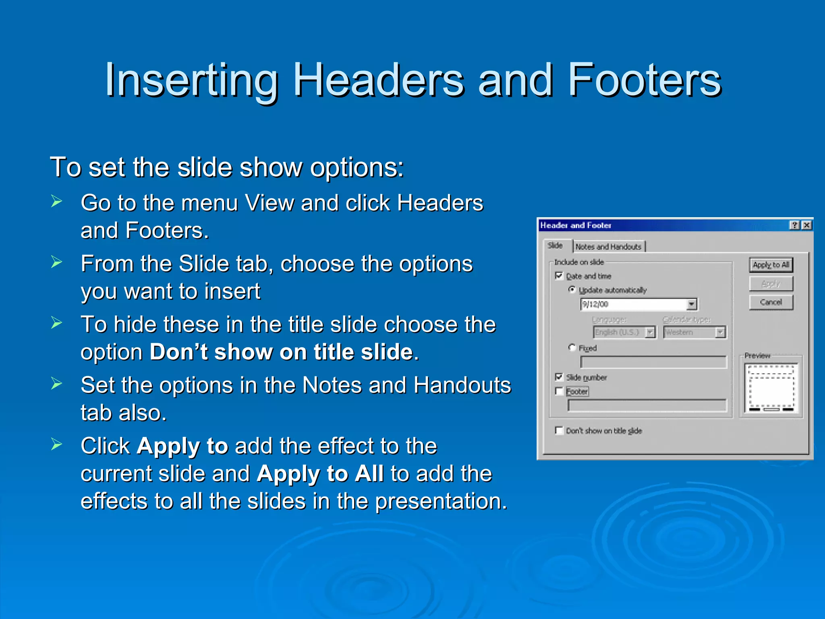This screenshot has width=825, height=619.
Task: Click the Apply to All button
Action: click(x=771, y=265)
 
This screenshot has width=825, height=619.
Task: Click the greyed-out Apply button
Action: click(x=771, y=284)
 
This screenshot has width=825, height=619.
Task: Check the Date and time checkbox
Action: click(x=559, y=276)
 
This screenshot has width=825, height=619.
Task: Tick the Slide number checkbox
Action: click(x=559, y=377)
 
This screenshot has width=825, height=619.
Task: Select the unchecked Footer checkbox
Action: click(x=559, y=391)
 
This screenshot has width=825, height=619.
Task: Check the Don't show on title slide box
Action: click(x=559, y=430)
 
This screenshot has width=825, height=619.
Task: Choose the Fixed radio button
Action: click(x=572, y=347)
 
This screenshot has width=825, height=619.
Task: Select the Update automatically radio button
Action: click(x=572, y=289)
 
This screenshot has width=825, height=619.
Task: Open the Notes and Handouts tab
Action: click(x=608, y=247)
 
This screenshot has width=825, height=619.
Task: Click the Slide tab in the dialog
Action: click(x=555, y=245)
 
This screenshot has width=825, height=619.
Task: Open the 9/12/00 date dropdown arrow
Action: click(x=692, y=304)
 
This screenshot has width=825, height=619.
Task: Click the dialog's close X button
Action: click(x=806, y=225)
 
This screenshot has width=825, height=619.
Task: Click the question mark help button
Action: click(x=794, y=225)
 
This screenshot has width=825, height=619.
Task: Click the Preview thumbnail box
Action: click(x=771, y=388)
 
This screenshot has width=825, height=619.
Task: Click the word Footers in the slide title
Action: click(x=645, y=81)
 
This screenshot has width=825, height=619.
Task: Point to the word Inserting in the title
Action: click(x=191, y=81)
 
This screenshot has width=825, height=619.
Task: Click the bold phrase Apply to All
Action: click(x=320, y=474)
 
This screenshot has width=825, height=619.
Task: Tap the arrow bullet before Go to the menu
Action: click(x=56, y=201)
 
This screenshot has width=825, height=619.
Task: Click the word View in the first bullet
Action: click(x=269, y=203)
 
